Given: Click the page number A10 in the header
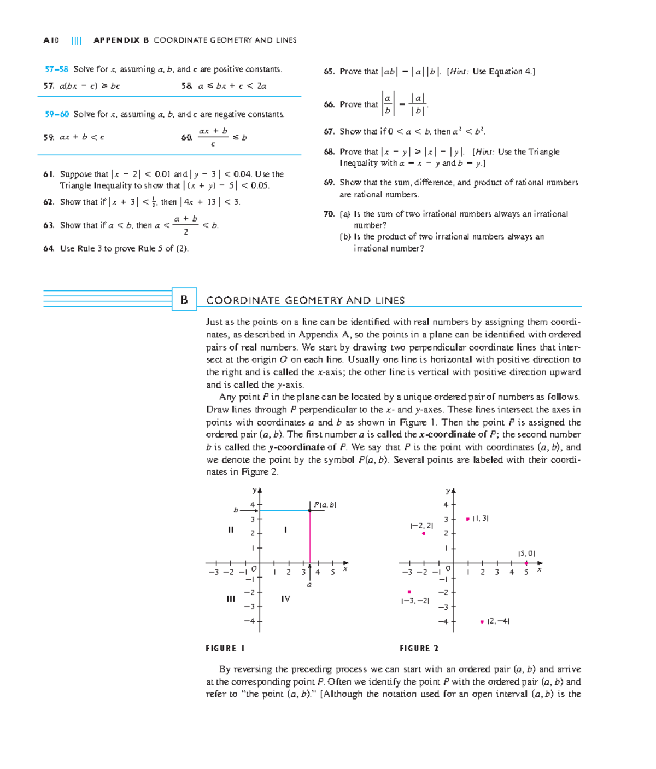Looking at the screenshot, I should [51, 40].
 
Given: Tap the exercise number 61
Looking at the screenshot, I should [49, 174].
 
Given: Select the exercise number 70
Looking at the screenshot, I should [329, 214].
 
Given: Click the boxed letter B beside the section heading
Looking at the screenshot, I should [184, 300].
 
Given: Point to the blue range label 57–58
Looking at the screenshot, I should [56, 69].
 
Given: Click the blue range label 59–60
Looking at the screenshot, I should [56, 114].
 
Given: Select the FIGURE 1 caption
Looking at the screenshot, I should [225, 649].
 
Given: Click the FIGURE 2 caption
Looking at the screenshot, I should [419, 649].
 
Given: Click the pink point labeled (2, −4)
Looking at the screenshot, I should [482, 621].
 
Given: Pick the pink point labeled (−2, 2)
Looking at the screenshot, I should [424, 533].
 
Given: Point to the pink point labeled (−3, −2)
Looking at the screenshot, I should [409, 592].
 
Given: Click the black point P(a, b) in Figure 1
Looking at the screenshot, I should [310, 510].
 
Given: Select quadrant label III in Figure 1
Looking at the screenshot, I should [231, 599].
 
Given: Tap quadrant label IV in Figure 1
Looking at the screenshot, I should [285, 599].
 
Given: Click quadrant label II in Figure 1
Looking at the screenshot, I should [231, 530].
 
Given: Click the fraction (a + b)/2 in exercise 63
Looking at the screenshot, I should [186, 225].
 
